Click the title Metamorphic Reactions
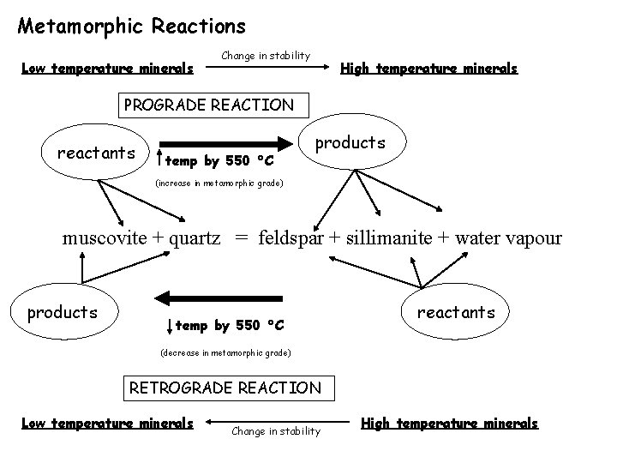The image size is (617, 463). point(131,27)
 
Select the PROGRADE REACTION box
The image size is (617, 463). point(208,105)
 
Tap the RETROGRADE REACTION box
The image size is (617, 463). point(225,388)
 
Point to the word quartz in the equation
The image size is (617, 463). point(199,238)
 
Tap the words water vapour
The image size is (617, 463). point(509,238)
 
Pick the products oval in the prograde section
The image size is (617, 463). point(350,143)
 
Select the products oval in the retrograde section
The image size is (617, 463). point(63,313)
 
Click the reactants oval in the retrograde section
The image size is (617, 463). point(455,313)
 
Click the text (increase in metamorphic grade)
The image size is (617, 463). point(218,183)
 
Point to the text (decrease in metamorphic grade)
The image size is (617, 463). point(226,353)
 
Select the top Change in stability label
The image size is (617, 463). point(266,56)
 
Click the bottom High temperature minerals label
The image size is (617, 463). point(450,423)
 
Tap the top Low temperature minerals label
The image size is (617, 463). point(108,69)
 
